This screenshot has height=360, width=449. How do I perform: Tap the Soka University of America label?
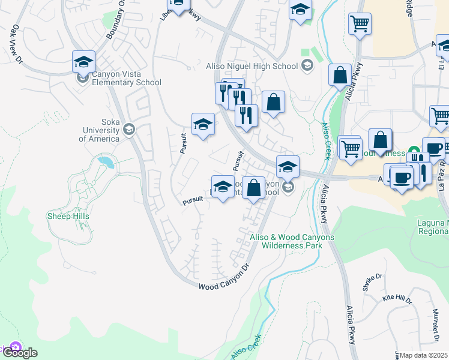pos(99,134)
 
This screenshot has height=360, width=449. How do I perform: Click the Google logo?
pos(20,353)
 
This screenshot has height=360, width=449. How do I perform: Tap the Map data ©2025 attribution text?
pos(424,355)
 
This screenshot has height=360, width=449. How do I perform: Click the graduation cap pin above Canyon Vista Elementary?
pos(83,61)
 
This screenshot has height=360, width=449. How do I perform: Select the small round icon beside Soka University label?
pos(129,129)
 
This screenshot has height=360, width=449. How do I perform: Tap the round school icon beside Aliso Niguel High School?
pos(307,65)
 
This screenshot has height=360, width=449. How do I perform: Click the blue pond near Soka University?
pos(106,162)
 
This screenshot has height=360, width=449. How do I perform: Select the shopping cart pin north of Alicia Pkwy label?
pos(359,24)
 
